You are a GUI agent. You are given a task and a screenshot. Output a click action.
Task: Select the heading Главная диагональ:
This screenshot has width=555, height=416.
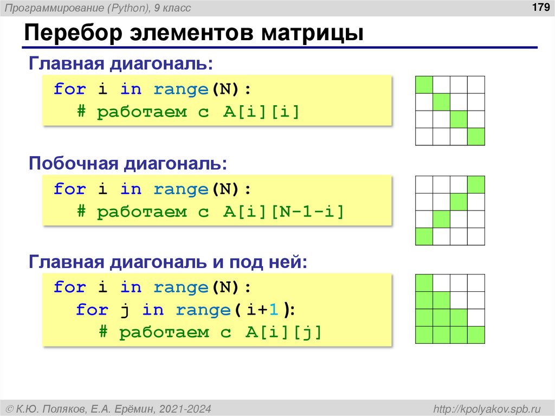[121, 63]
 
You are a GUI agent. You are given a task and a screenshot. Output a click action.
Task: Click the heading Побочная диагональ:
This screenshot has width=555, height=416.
[128, 163]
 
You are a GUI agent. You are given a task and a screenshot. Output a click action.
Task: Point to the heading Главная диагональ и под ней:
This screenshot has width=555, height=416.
[168, 263]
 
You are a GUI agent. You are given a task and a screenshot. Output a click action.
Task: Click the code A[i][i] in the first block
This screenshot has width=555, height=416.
[261, 112]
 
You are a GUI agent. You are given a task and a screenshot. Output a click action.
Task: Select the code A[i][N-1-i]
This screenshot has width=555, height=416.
[283, 212]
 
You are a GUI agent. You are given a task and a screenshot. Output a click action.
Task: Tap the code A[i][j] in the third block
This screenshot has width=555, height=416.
[283, 332]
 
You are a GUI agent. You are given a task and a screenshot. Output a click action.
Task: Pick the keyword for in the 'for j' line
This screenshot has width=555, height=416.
[92, 310]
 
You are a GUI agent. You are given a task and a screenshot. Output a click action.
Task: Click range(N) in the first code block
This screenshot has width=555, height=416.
[197, 89]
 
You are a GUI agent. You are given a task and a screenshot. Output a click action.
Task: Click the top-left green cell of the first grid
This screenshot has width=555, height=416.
[424, 85]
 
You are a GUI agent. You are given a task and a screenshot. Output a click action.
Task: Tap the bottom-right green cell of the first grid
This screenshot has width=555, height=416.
[476, 137]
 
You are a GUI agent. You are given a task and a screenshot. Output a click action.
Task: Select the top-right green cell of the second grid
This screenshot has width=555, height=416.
[476, 184]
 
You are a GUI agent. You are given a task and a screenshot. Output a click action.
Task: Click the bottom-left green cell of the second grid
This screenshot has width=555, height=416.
[424, 236]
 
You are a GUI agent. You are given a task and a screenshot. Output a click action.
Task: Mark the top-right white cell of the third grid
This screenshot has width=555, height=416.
[476, 283]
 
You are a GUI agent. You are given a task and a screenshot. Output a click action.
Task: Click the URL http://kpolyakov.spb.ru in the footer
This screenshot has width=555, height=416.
[484, 408]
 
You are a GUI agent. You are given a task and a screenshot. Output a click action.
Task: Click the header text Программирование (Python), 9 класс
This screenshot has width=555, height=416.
[99, 8]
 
